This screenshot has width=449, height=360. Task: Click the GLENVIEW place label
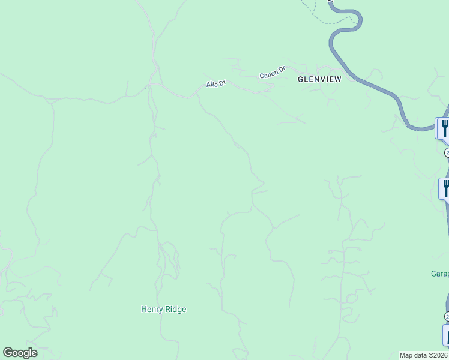(319, 79)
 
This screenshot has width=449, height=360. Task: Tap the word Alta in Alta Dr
(212, 85)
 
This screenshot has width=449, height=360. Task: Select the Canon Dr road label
(271, 75)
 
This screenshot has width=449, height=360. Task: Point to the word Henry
(152, 310)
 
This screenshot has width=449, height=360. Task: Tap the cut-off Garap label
(439, 274)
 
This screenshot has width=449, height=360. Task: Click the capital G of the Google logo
(8, 353)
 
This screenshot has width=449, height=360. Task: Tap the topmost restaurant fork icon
(444, 127)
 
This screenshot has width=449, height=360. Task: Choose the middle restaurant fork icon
(445, 187)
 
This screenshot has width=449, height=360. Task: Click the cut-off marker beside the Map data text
(446, 335)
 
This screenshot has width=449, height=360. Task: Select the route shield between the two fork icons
(447, 153)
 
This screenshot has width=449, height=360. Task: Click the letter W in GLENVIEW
(337, 79)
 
